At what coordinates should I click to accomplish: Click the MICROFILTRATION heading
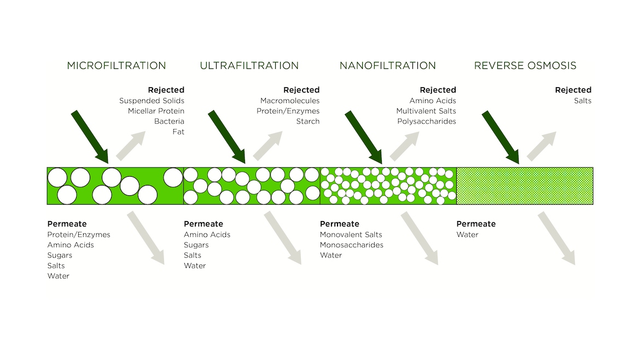click(x=116, y=66)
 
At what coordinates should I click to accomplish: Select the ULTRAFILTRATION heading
click(x=249, y=66)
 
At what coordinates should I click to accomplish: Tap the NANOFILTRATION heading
click(x=387, y=66)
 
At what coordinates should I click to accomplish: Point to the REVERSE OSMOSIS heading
click(x=525, y=66)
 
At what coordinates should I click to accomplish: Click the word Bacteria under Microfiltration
click(x=169, y=121)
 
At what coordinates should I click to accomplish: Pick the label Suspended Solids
click(x=152, y=101)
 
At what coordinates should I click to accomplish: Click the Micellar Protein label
click(x=156, y=111)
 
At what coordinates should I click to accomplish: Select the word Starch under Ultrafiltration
click(x=307, y=121)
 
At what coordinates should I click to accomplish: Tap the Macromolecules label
click(x=290, y=101)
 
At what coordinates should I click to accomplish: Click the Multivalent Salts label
click(x=426, y=111)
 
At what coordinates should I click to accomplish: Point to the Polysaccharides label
click(x=427, y=121)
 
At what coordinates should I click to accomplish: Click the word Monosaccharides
click(x=351, y=245)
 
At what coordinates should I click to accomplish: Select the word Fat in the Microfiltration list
click(x=178, y=132)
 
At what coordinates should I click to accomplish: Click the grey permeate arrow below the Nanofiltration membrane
click(x=420, y=239)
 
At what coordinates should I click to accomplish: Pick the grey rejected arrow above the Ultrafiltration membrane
click(x=267, y=146)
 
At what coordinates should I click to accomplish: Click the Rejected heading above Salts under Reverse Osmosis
click(x=573, y=90)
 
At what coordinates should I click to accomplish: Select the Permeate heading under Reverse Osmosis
click(x=476, y=224)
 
